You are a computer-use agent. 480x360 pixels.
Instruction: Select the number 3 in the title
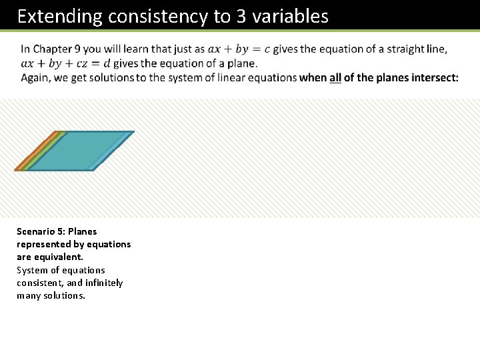[x=241, y=16]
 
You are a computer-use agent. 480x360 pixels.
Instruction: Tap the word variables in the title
[x=290, y=16]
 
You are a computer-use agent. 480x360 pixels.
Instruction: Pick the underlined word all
[x=335, y=78]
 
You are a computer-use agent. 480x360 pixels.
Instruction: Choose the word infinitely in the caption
[x=103, y=283]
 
